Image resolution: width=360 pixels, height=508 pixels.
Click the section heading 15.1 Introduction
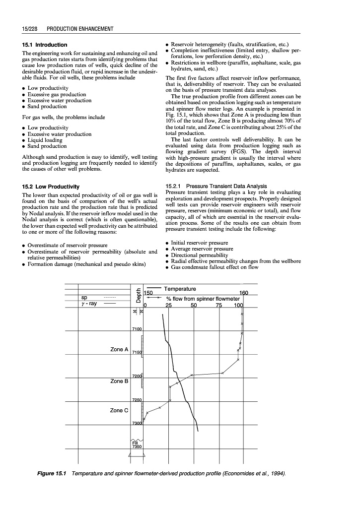(x=44, y=45)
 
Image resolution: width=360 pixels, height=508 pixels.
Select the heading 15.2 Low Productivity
(x=50, y=187)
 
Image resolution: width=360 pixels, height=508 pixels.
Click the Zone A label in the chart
(x=119, y=350)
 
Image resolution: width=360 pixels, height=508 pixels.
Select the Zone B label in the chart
(x=119, y=381)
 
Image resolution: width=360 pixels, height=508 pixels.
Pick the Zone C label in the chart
(x=119, y=410)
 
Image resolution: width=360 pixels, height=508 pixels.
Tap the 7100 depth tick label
(x=137, y=329)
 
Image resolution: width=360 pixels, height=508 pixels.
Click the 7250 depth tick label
(x=137, y=400)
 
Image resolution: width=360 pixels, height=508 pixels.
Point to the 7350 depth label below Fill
(x=137, y=446)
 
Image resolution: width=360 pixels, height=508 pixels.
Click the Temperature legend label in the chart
(x=179, y=289)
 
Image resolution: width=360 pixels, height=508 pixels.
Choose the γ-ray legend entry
(x=90, y=304)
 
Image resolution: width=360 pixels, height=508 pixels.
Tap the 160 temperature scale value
(x=243, y=294)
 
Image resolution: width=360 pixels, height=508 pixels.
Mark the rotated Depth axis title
(x=138, y=295)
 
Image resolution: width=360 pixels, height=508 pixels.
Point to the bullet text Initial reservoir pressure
(x=199, y=243)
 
